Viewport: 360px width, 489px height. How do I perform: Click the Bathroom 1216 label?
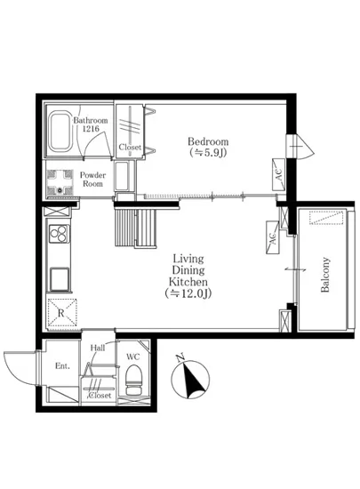click(90, 124)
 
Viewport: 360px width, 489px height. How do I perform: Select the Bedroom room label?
click(209, 147)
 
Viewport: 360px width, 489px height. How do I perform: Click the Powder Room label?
click(92, 178)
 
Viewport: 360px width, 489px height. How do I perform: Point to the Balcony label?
click(326, 276)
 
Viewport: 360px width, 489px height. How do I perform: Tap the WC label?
click(133, 357)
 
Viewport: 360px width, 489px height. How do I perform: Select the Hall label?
click(98, 348)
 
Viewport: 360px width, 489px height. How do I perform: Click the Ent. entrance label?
click(62, 365)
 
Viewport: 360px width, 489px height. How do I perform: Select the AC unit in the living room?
click(270, 235)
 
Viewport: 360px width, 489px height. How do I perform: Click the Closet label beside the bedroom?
click(131, 148)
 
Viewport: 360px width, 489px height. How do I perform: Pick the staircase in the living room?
click(137, 229)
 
